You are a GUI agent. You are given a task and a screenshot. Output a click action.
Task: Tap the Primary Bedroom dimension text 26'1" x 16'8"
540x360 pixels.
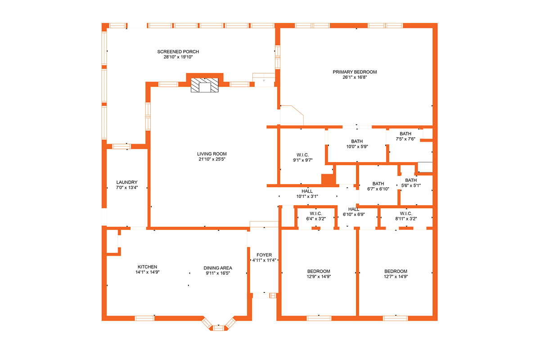coord(355,77)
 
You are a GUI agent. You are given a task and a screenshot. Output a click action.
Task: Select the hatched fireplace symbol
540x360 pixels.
coord(205,85)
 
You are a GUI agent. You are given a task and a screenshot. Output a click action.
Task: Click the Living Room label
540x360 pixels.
coord(211,154)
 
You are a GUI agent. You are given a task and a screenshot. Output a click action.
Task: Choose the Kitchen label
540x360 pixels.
coord(147,267)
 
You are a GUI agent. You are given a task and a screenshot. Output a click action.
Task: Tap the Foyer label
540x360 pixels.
coord(264,255)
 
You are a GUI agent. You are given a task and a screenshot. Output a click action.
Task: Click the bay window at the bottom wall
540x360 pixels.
coord(219,326)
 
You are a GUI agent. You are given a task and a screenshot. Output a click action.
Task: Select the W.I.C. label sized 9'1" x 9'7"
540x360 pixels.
coord(302,154)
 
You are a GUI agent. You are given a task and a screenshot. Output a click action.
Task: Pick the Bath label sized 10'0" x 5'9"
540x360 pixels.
coord(357,141)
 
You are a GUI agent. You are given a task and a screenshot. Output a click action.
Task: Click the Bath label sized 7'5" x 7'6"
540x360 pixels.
coord(405,134)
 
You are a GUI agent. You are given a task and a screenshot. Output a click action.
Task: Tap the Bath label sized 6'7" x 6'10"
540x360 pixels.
coord(378,184)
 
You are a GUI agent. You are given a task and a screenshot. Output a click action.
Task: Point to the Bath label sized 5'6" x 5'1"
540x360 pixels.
coord(411,180)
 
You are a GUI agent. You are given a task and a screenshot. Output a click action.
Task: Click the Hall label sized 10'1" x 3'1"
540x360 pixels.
coord(307,191)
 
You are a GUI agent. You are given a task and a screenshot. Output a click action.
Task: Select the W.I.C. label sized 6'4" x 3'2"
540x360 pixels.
coord(316,213)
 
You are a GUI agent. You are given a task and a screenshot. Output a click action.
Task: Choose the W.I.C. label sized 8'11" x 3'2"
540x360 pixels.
coord(405,213)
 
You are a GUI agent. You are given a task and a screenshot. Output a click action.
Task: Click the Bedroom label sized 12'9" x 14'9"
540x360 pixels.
coord(319,271)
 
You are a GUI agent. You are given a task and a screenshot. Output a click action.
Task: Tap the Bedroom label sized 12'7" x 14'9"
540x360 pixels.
coord(396,271)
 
